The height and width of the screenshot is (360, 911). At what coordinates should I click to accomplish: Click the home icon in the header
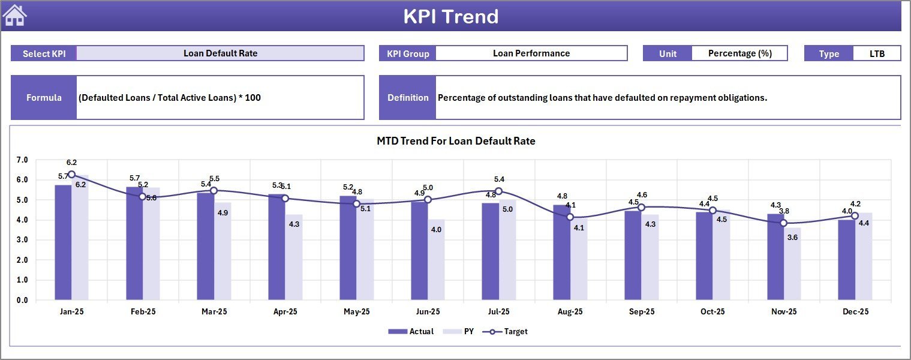(15, 16)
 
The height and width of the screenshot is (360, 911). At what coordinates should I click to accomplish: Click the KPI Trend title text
(451, 16)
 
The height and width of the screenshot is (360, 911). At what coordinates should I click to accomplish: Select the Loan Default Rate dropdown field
(220, 53)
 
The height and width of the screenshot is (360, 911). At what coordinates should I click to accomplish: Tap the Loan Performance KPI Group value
(531, 53)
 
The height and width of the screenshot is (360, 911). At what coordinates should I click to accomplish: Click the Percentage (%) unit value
(739, 53)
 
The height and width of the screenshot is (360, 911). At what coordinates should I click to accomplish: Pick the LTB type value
(877, 53)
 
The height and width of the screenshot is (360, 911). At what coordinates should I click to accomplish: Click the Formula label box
(44, 98)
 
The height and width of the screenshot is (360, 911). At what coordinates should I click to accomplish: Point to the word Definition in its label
(408, 98)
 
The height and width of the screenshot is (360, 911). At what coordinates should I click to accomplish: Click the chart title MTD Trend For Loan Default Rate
(456, 141)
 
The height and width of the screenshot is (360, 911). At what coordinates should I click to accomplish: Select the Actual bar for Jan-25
(63, 242)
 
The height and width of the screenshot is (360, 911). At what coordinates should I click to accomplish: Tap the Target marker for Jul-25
(498, 191)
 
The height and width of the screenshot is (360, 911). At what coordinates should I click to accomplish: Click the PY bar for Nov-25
(792, 264)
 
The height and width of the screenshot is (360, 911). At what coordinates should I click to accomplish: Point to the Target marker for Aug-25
(570, 217)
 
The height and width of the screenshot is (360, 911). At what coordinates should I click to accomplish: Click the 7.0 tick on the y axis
(22, 160)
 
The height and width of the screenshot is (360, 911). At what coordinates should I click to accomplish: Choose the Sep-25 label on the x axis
(641, 312)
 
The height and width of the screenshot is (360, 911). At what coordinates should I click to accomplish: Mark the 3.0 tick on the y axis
(22, 240)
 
